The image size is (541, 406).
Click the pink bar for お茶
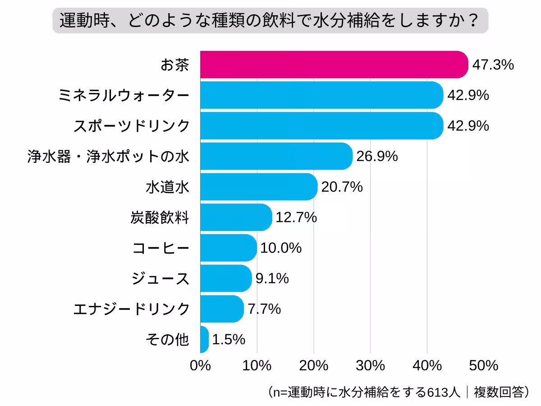(x=334, y=65)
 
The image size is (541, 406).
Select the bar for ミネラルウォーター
(x=321, y=95)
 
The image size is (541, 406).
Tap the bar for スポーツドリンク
(x=321, y=125)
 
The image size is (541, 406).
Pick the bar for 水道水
(x=259, y=186)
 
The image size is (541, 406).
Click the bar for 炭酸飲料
(x=236, y=217)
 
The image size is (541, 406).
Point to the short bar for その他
(x=204, y=339)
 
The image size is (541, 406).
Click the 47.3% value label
(x=493, y=65)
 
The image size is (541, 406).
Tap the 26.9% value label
(x=377, y=156)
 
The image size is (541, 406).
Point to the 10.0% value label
(x=281, y=248)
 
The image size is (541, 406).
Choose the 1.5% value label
(x=228, y=339)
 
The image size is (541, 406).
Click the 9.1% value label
(x=272, y=278)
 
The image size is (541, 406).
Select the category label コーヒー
(x=160, y=248)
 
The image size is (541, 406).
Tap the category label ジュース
(x=160, y=278)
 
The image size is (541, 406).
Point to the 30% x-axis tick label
(x=370, y=366)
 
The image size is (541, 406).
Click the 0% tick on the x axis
(x=200, y=366)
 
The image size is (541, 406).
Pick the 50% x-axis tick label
(x=483, y=366)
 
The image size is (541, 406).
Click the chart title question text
(x=270, y=20)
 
